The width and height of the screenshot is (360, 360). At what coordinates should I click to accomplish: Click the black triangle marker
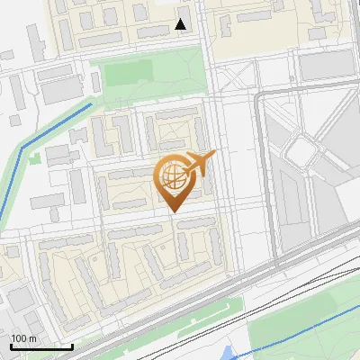point(182,24)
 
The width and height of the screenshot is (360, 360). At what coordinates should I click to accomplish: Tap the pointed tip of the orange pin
point(174,211)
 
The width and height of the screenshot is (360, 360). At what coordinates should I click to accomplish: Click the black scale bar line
point(41,346)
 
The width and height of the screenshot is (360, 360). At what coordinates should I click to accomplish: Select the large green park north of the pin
point(148,81)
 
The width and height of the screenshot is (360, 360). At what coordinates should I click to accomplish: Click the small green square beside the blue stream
point(34,157)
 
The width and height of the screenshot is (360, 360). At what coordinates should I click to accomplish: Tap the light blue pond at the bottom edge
point(237,354)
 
